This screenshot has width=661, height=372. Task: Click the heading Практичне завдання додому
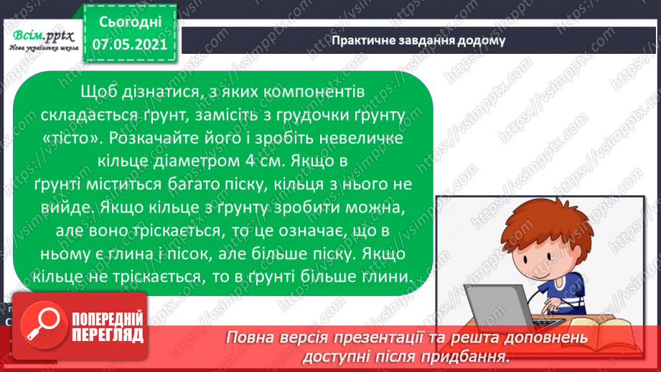tap(418, 40)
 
